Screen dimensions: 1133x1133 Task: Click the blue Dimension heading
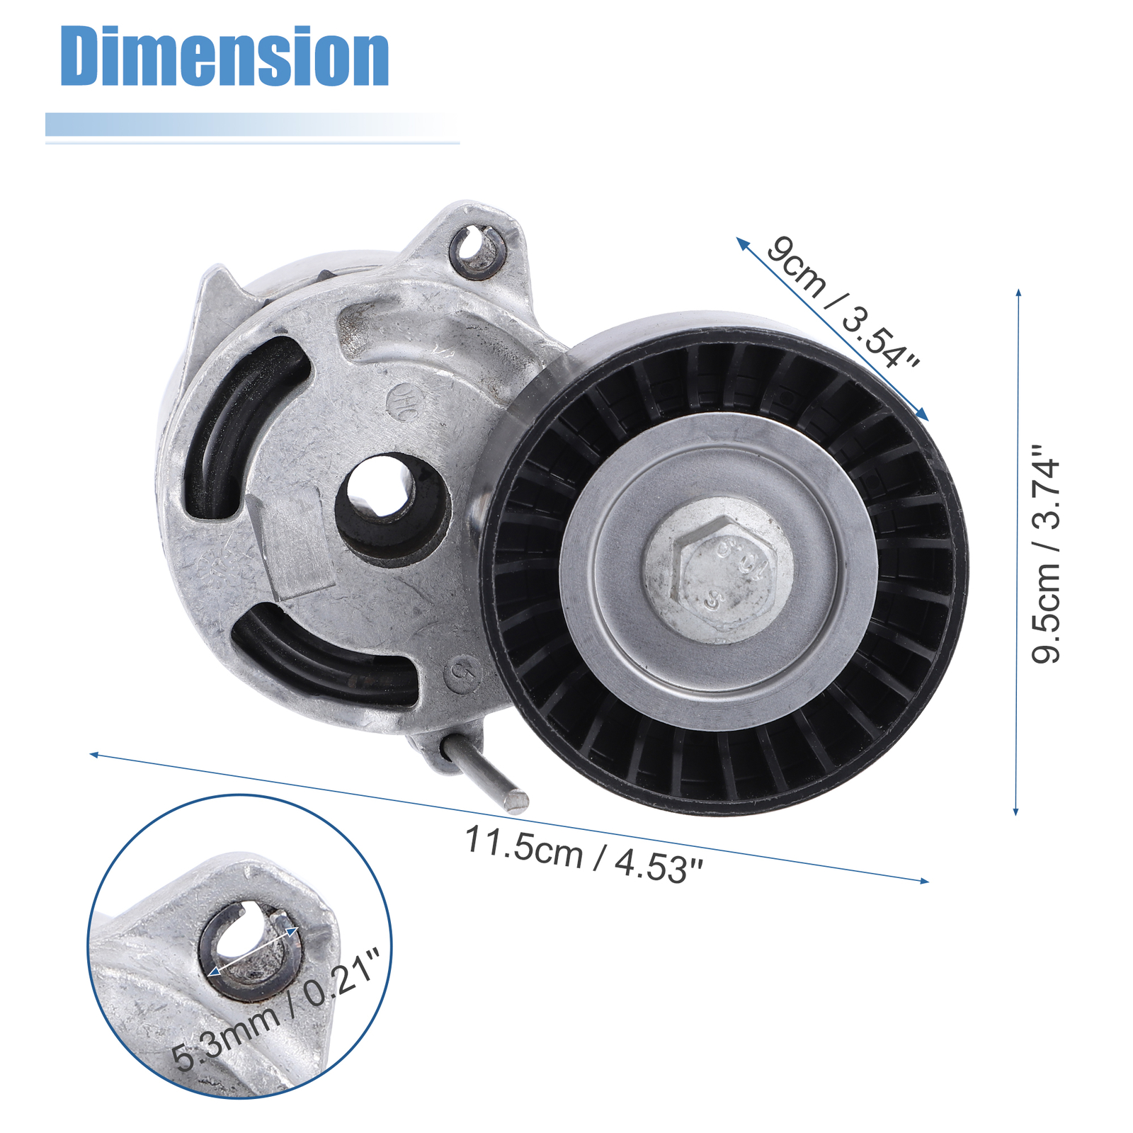(224, 57)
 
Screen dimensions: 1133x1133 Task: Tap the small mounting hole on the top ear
(476, 249)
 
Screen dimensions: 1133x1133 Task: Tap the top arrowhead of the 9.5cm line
(1018, 292)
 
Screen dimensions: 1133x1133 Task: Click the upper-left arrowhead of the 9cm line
(741, 241)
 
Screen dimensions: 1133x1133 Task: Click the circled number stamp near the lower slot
(462, 672)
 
